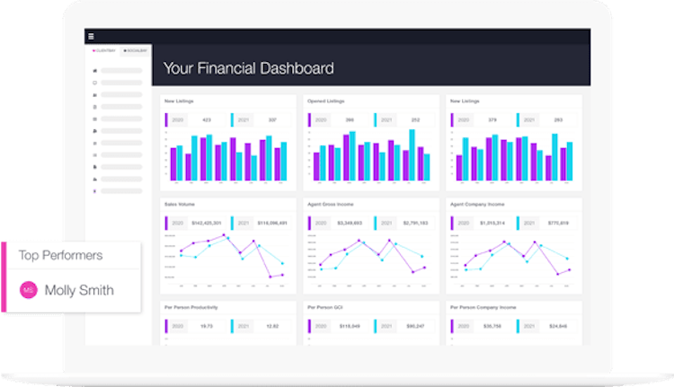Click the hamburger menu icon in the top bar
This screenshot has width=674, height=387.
[91, 37]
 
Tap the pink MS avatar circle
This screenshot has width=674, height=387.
[29, 291]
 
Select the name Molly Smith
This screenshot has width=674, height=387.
[79, 291]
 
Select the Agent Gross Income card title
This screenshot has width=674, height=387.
[327, 205]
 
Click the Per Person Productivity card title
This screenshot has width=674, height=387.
[191, 307]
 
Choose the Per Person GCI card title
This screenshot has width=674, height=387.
[324, 307]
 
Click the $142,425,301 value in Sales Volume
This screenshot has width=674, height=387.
[207, 223]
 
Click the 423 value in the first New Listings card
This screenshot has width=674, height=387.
[206, 119]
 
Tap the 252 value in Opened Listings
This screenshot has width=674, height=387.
[414, 119]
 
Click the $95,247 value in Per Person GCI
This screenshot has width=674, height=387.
[414, 325]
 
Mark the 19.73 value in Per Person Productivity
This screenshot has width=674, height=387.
[206, 325]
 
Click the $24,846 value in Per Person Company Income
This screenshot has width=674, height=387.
[556, 325]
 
